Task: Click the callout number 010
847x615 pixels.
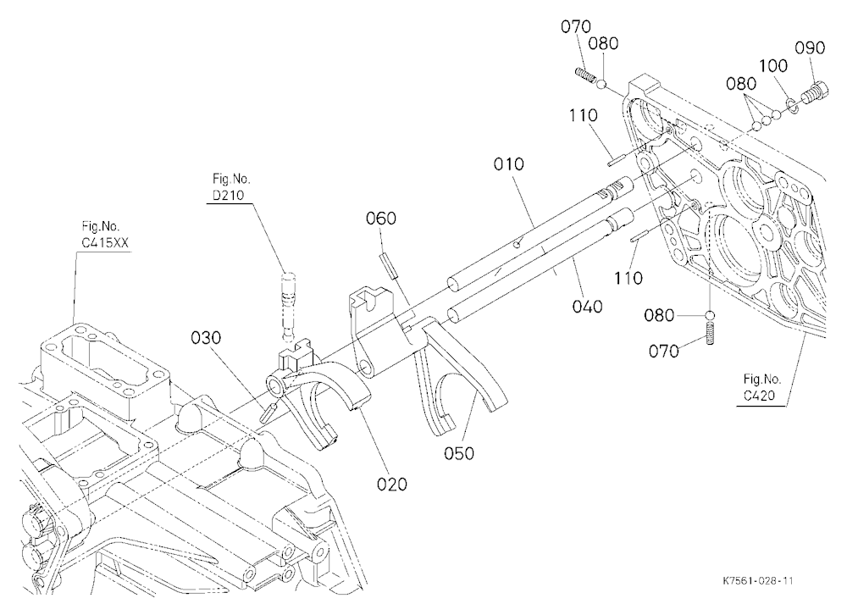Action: (508, 163)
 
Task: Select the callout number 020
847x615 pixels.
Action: (391, 484)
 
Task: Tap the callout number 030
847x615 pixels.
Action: (206, 338)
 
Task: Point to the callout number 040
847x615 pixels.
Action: (587, 307)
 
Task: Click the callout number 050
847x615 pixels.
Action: (458, 453)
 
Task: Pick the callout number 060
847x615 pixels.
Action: (381, 219)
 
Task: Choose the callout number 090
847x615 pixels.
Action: (810, 47)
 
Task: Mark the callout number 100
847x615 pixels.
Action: (773, 66)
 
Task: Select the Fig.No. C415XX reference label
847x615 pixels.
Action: (105, 234)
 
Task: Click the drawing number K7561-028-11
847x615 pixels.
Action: (757, 581)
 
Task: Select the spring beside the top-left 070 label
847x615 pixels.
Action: (586, 76)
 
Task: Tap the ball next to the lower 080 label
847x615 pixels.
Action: (711, 315)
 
